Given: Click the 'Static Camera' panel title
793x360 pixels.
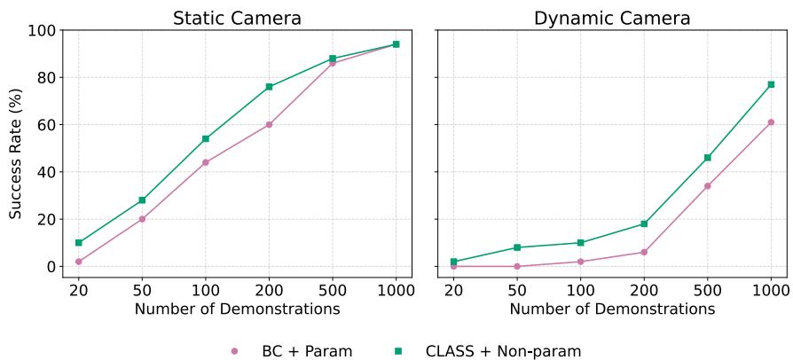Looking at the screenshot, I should click(x=237, y=18).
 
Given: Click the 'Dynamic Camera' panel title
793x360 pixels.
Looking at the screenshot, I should click(x=612, y=18).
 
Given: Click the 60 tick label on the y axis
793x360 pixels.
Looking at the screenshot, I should click(x=46, y=125).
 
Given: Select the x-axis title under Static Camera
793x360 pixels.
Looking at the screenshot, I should click(x=237, y=309).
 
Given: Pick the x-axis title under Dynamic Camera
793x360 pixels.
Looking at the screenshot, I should click(x=612, y=309).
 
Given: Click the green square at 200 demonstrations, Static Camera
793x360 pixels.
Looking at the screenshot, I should click(x=269, y=87).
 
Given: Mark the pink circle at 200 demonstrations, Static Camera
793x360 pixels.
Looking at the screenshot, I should click(x=269, y=125).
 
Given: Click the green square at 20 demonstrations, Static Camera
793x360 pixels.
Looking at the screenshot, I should click(x=79, y=243).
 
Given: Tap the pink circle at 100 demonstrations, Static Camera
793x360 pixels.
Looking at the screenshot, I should click(x=206, y=162).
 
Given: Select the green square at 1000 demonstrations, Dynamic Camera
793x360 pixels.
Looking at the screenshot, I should click(x=771, y=84).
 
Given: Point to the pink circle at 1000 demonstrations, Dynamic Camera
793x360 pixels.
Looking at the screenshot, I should click(x=771, y=122).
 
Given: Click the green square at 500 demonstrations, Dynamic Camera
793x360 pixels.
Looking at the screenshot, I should click(x=708, y=158).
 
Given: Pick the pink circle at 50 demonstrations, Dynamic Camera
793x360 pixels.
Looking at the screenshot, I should click(x=517, y=266).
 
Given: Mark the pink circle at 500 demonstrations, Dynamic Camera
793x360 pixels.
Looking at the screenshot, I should click(x=708, y=186).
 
